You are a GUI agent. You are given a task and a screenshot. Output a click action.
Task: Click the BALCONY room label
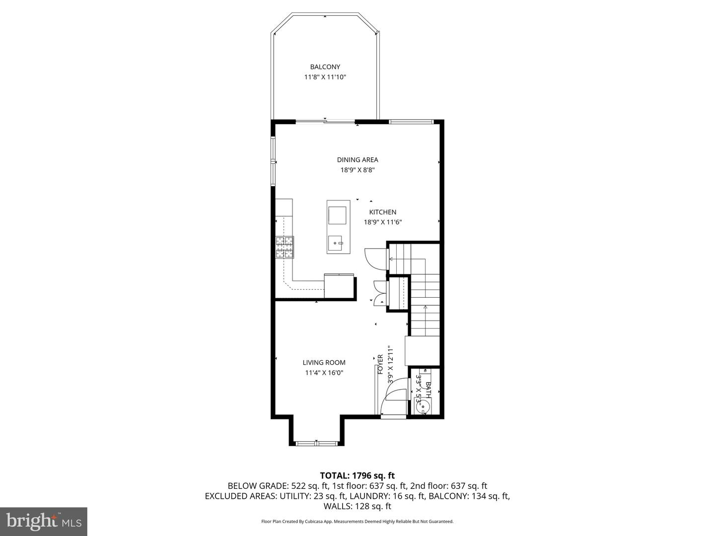point(325,67)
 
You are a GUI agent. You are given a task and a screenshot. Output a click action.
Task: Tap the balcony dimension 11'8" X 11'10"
point(325,77)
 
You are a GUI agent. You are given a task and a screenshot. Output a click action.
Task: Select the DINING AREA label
point(357,160)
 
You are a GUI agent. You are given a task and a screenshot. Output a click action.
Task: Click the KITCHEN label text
point(382,212)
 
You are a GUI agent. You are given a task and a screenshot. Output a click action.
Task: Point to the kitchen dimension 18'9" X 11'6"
point(382,222)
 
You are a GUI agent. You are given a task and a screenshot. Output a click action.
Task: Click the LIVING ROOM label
point(324,363)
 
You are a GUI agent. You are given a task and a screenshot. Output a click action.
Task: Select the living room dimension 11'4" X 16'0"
point(324,373)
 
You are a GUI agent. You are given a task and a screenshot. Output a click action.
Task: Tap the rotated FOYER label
point(380,364)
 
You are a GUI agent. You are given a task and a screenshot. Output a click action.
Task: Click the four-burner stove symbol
point(285,247)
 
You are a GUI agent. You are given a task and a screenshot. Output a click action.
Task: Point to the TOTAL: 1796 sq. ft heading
point(357,475)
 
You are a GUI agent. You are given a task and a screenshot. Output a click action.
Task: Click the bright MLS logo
point(44,521)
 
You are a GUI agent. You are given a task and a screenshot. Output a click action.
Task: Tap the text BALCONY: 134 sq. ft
point(469,496)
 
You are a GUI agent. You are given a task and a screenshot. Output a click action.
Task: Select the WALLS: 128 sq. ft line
point(357,506)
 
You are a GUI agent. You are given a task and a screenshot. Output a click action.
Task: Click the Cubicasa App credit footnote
point(357,522)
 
